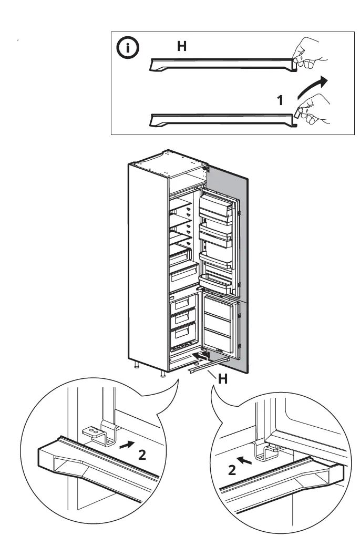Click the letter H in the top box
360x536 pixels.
tap(181, 47)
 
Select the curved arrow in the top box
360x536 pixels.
tap(312, 88)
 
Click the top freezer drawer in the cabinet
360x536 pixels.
tap(182, 304)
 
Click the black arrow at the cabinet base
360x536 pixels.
tap(200, 356)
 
